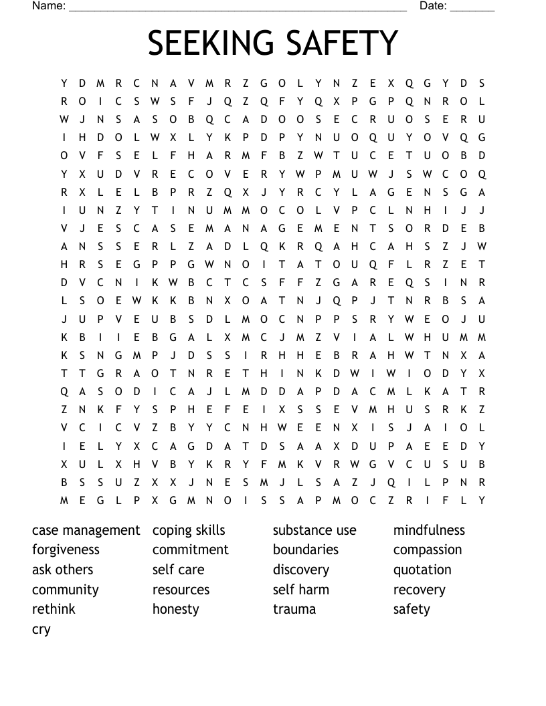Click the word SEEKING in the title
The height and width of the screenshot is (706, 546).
(204, 43)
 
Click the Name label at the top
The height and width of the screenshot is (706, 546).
(49, 6)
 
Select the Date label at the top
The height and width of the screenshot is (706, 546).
(433, 6)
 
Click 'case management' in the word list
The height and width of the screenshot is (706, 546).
(86, 530)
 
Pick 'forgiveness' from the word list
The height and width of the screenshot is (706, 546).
(66, 550)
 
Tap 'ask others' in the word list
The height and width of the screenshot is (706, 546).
(62, 570)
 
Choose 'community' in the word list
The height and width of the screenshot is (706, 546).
(65, 590)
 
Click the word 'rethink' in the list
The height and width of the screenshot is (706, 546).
(54, 609)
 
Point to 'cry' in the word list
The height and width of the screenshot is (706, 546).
(41, 630)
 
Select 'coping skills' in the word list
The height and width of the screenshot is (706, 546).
(189, 530)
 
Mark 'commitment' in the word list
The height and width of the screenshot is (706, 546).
(191, 550)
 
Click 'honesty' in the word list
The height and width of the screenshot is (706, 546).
(175, 609)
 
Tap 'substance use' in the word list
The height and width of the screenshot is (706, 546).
(314, 530)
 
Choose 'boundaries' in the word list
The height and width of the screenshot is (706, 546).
(306, 550)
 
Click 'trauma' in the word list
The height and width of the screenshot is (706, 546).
(294, 609)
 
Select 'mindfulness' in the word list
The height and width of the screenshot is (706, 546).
(429, 530)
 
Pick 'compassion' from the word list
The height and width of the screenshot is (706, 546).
(428, 550)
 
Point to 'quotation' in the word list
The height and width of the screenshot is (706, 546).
(422, 570)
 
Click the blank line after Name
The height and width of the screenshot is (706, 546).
(238, 7)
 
